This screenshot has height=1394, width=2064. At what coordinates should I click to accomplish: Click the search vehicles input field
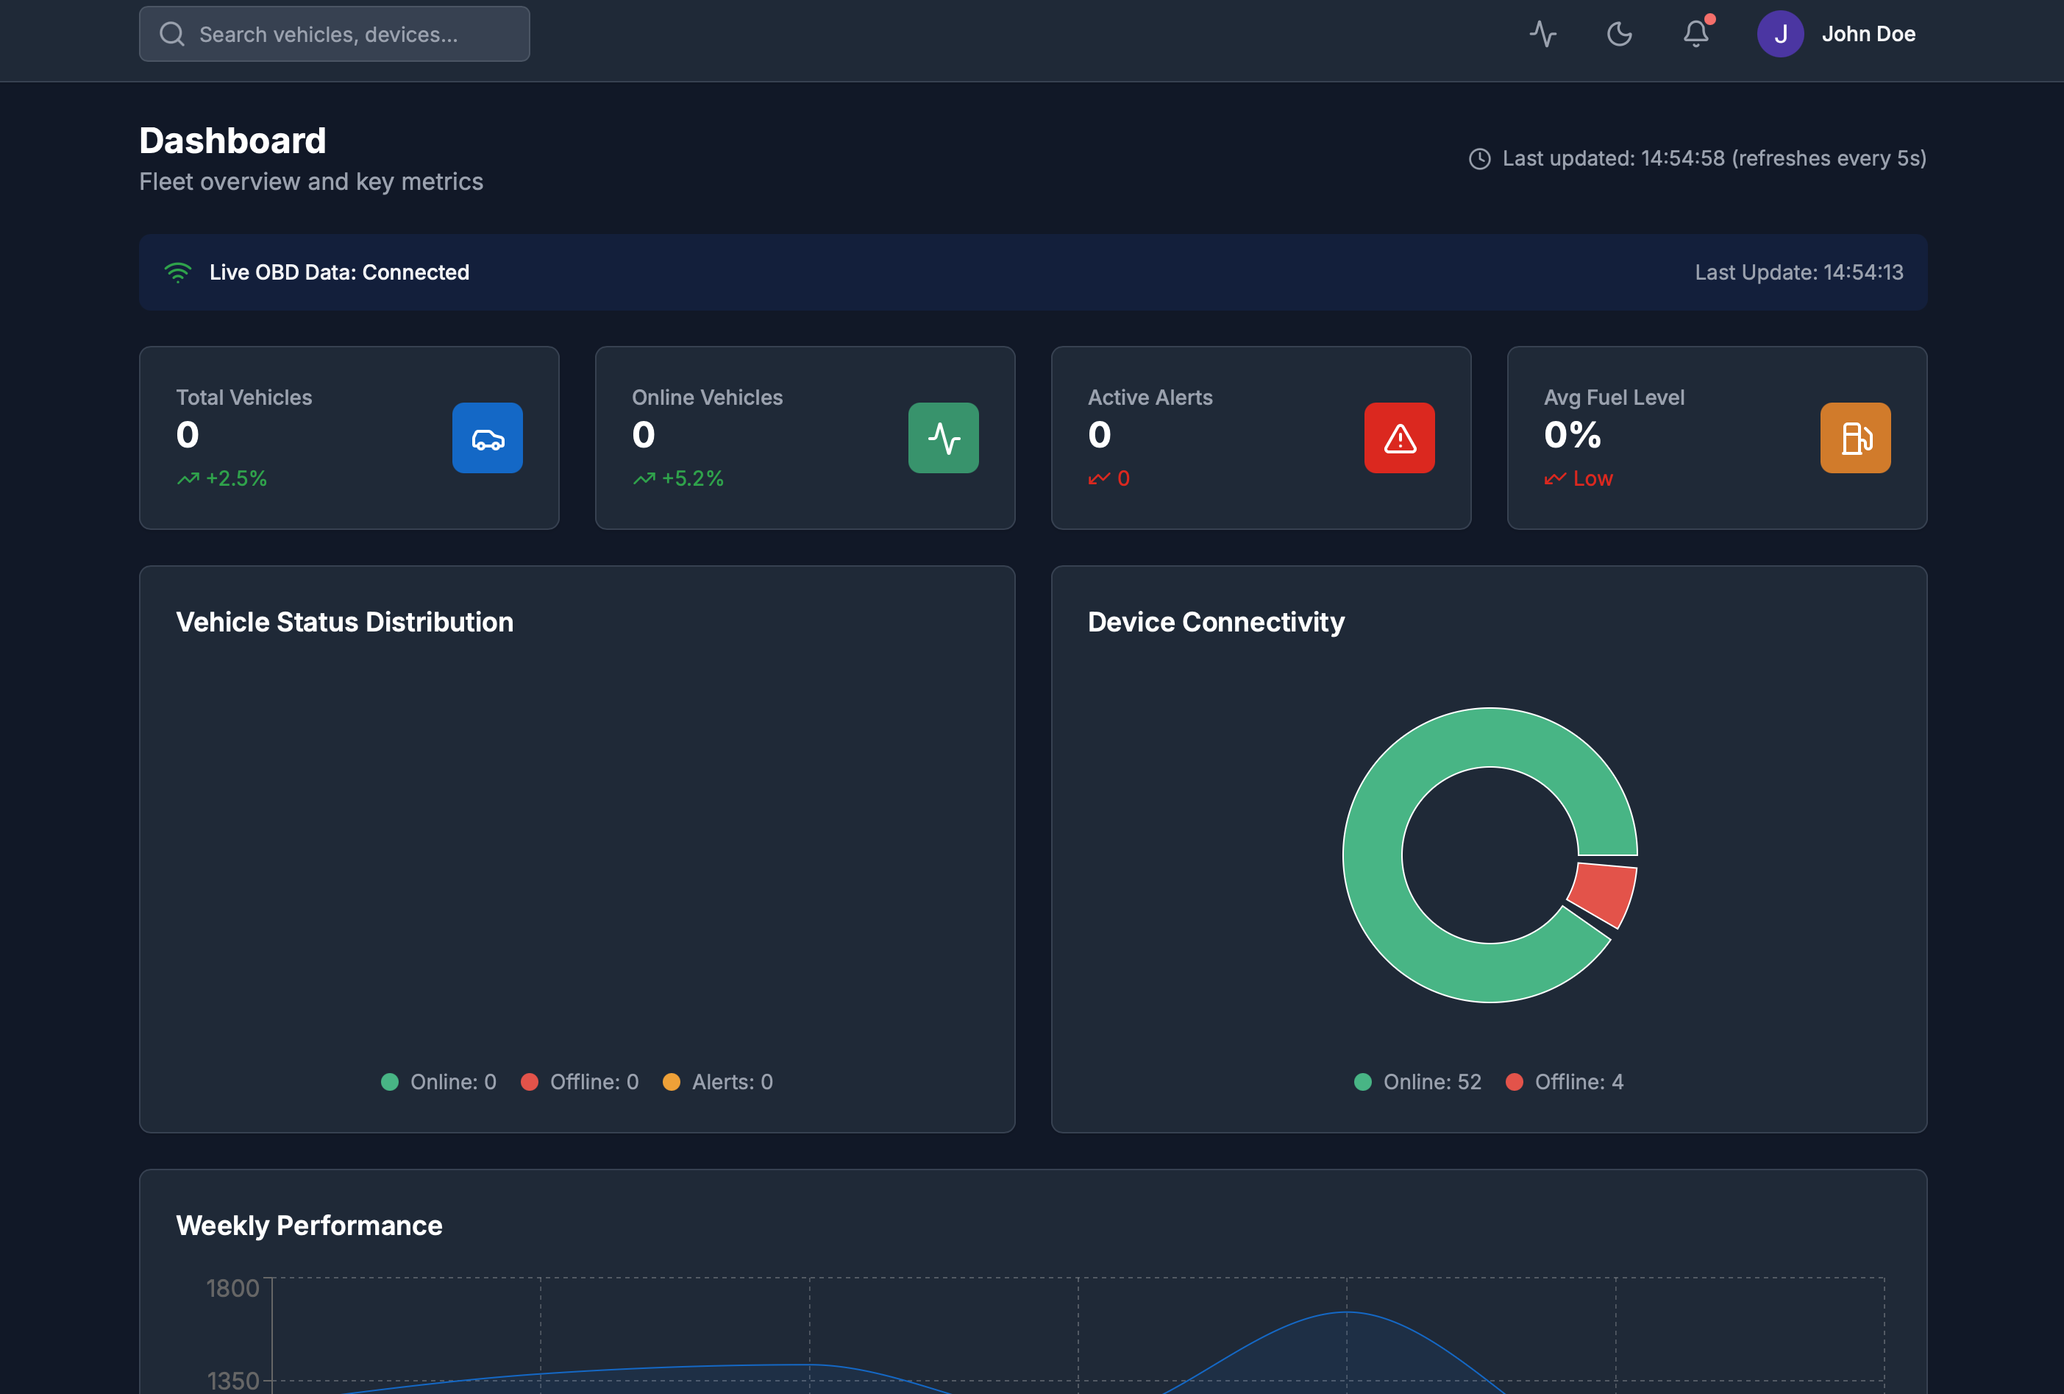tap(334, 35)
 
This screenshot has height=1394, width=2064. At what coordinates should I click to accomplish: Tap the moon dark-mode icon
tap(1619, 35)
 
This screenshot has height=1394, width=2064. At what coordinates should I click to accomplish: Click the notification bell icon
tap(1695, 35)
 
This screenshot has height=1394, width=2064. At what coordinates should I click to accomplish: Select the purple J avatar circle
tap(1780, 35)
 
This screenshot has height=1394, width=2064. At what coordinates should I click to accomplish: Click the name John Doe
tap(1868, 35)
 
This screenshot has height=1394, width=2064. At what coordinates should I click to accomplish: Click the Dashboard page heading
tap(232, 141)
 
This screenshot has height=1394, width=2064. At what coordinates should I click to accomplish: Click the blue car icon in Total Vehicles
tap(488, 438)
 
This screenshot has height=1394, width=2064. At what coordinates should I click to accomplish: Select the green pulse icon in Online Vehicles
tap(943, 438)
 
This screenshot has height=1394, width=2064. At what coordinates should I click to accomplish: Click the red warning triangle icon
tap(1399, 438)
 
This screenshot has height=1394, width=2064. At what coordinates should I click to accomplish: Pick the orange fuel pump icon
tap(1855, 438)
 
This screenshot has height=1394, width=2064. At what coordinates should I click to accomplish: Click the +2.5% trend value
tap(235, 479)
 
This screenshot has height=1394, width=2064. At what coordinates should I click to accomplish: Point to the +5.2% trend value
tap(692, 479)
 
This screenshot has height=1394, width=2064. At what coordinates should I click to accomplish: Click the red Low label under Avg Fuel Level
tap(1593, 479)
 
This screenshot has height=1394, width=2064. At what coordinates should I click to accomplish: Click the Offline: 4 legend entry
tap(1566, 1082)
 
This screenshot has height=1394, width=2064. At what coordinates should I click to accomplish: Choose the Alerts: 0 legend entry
tap(719, 1082)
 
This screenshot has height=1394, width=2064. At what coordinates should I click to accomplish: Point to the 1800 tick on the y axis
tap(232, 1288)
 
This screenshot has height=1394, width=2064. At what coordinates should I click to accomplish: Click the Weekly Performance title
tap(309, 1226)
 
